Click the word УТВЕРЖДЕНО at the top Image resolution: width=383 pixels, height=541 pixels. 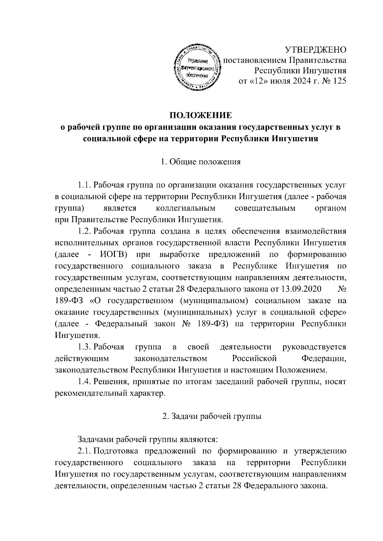(x=315, y=50)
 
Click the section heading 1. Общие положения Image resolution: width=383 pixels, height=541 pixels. (x=200, y=162)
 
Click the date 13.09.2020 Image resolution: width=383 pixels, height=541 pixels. (x=301, y=289)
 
